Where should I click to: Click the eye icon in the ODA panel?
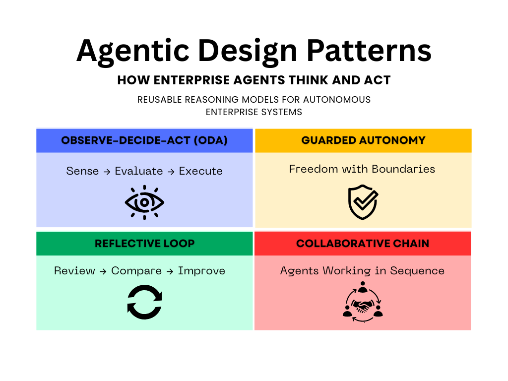click(x=144, y=202)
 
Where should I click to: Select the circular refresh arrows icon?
click(x=144, y=302)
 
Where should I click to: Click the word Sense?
click(x=82, y=171)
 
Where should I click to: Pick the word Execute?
click(x=201, y=171)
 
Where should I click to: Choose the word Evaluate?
click(x=139, y=171)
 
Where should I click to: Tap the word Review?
click(x=74, y=271)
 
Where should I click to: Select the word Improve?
click(x=201, y=271)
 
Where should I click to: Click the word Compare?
click(x=136, y=271)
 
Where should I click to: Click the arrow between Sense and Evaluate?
click(x=107, y=172)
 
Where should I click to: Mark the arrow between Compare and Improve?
click(x=170, y=271)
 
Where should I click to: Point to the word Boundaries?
click(x=403, y=169)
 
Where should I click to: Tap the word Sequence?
click(x=417, y=271)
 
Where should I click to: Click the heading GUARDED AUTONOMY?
click(x=363, y=140)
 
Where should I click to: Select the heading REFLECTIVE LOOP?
click(x=144, y=243)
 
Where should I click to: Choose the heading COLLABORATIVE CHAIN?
click(x=363, y=243)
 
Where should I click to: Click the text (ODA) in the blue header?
click(x=210, y=140)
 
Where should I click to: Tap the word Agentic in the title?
click(x=133, y=52)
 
